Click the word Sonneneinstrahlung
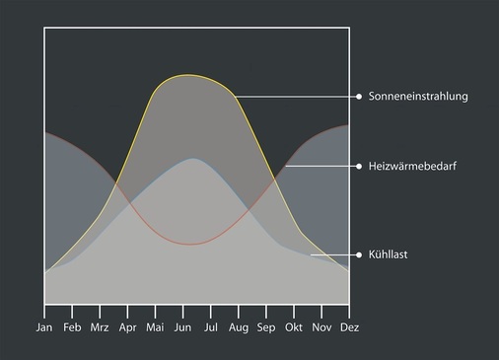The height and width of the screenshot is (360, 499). click(x=418, y=97)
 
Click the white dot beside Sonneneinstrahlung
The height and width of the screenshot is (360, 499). click(x=359, y=97)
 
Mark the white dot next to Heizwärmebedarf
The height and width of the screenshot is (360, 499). click(x=359, y=167)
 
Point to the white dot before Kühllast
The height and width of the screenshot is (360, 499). click(x=359, y=254)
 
